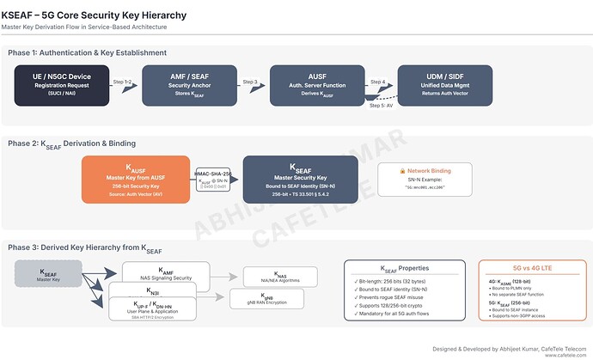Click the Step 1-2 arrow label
123,81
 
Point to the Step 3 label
250,81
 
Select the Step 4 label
377,81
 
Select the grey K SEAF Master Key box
48,276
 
